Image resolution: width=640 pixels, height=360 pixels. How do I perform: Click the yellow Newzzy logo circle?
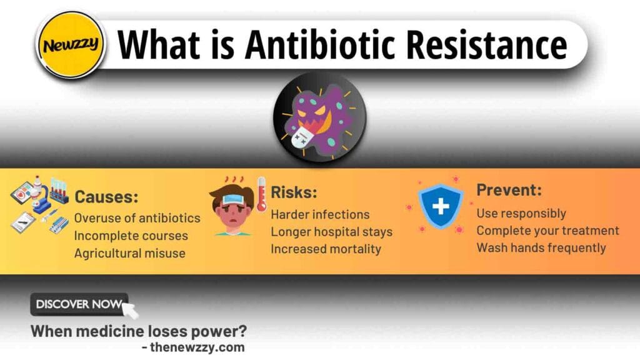70,46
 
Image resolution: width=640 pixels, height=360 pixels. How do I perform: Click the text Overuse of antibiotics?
137,218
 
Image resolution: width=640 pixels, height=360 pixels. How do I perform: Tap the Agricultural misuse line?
129,253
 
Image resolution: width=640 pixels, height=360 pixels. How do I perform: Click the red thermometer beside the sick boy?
261,194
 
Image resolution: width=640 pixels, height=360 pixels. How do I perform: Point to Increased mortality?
326,249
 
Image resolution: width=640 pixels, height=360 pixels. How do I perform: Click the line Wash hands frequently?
541,247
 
